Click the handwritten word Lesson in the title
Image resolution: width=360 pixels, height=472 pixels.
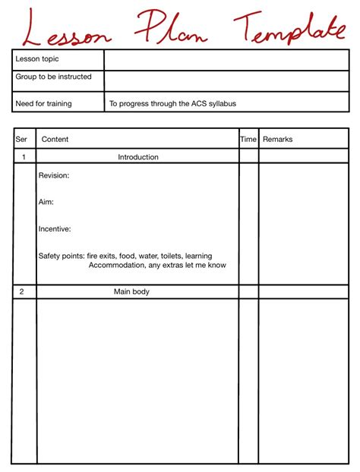coord(68,29)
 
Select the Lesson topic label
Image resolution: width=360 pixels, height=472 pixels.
coord(37,59)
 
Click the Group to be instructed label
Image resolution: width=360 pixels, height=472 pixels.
coord(53,77)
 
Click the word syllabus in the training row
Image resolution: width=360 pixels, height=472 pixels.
coord(221,103)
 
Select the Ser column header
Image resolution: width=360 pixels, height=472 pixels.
coord(21,140)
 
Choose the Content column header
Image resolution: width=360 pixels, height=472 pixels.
coord(55,140)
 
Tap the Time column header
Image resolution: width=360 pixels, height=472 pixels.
coord(248,140)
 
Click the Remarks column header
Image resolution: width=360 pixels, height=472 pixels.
coord(277,140)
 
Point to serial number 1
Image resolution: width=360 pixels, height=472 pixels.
coord(24,157)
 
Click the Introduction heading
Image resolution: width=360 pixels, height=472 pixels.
coord(138,157)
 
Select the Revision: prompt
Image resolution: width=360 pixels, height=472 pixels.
coord(54,176)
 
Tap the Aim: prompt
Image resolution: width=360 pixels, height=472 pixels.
coord(46,203)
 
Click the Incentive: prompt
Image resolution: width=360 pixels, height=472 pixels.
coord(55,229)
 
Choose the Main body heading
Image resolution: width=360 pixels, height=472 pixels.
coord(132,291)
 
